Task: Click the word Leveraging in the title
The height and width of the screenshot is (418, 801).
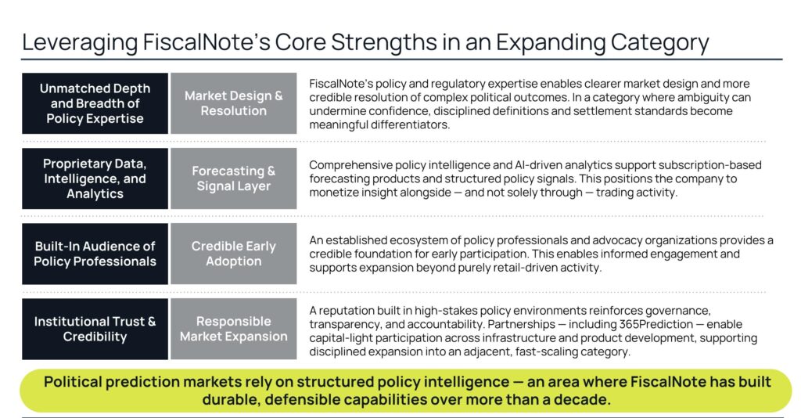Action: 80,43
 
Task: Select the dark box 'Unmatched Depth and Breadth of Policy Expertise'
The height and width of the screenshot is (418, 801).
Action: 95,103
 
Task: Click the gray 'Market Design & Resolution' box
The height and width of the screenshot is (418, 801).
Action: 233,103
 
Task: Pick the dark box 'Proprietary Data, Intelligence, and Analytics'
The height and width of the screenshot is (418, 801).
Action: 95,178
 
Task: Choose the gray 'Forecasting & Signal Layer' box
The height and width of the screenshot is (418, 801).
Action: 233,178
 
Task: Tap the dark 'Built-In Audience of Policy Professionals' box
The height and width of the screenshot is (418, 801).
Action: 95,254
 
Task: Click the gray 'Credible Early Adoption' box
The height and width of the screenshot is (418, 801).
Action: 233,254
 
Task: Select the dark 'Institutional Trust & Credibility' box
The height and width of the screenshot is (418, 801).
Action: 95,329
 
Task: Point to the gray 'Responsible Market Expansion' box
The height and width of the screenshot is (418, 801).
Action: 233,329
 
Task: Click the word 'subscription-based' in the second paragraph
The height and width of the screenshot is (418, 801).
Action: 710,165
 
